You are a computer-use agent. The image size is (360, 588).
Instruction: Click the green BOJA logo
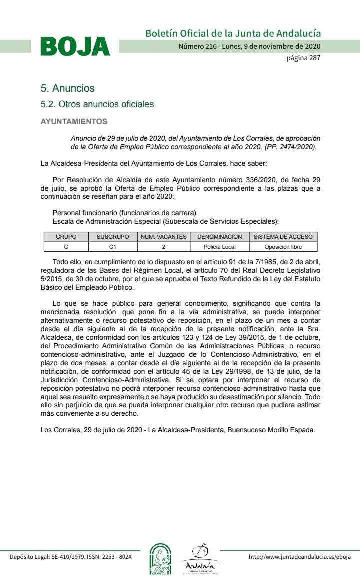tap(75, 46)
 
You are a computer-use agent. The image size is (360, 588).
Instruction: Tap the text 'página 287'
tap(303, 58)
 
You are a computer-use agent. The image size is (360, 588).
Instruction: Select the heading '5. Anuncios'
tap(67, 88)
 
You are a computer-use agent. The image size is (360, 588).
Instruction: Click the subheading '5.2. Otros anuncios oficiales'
tap(97, 104)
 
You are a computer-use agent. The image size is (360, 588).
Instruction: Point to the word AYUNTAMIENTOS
tap(73, 122)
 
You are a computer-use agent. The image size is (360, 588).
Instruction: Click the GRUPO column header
tap(66, 237)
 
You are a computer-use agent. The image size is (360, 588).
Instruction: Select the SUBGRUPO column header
tap(112, 237)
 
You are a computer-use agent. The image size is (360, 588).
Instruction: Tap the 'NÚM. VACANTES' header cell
tap(163, 237)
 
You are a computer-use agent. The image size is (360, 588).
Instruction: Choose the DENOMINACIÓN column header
tap(219, 237)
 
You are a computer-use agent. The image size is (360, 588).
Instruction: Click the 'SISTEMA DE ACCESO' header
tap(283, 237)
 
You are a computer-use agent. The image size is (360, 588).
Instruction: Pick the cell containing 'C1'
tap(112, 247)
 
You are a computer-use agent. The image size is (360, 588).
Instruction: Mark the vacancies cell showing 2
tap(163, 247)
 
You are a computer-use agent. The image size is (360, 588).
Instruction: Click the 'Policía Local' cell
tap(219, 247)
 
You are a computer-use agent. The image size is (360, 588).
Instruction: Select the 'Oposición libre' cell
tap(283, 247)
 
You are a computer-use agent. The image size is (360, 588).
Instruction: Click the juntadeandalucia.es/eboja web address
tap(300, 557)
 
